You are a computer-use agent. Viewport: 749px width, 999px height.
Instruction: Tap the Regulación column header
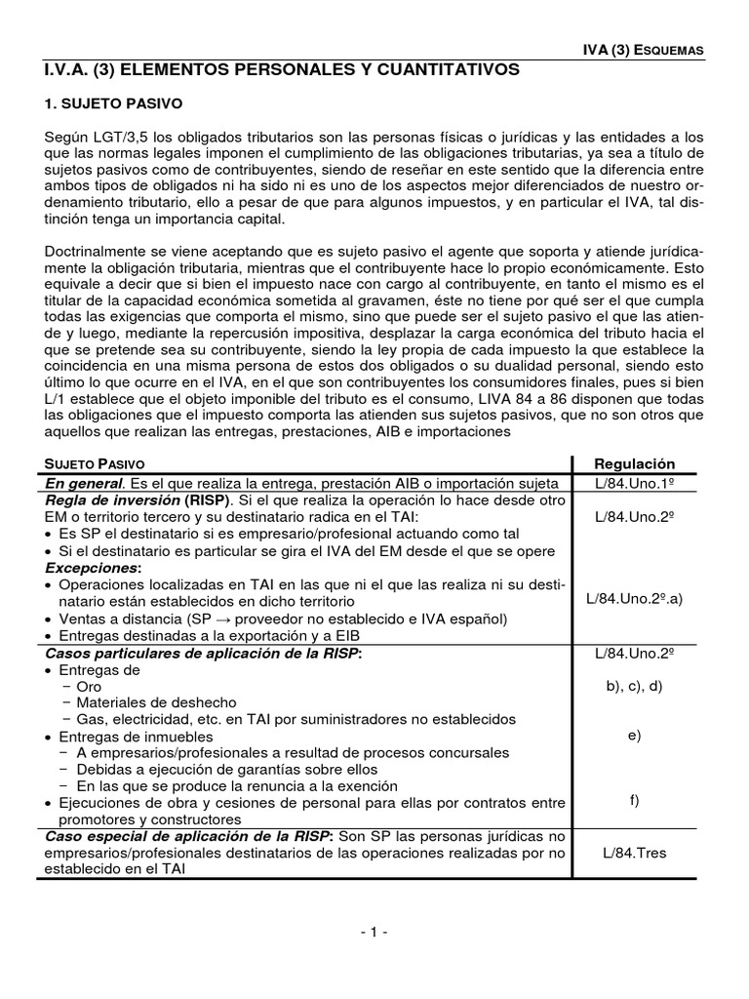point(634,463)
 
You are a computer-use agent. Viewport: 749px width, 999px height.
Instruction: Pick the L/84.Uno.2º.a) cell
point(634,598)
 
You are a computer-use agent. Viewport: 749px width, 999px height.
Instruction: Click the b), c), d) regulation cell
point(634,686)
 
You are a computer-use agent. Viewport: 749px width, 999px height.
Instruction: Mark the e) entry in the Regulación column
point(634,736)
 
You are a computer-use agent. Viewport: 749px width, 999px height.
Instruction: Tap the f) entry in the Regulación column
point(634,802)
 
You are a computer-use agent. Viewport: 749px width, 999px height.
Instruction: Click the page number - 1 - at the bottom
point(374,931)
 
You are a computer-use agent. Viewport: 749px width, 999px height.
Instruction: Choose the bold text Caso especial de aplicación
point(143,837)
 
